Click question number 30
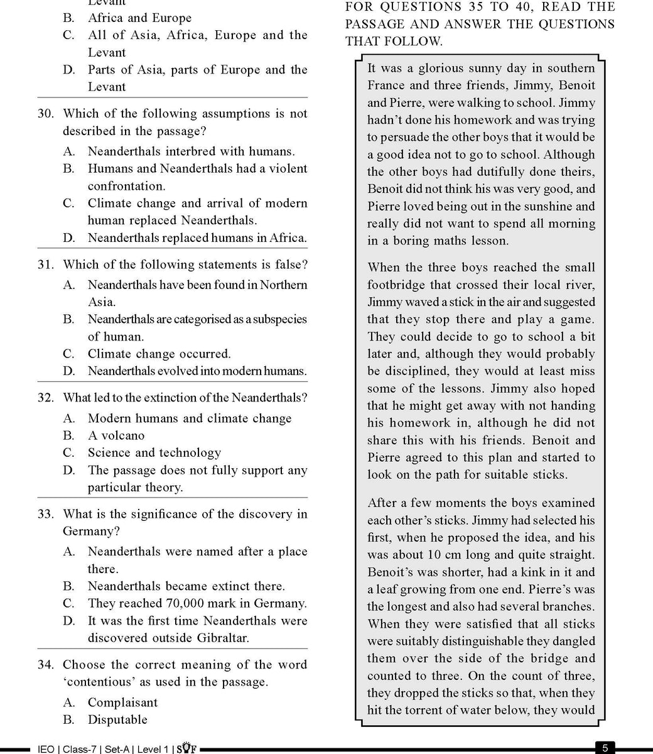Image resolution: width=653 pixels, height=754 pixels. [x=45, y=114]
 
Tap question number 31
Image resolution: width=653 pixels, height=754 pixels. [x=45, y=265]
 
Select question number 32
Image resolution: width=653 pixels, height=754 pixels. [x=45, y=398]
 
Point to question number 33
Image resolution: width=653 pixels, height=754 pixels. [x=45, y=514]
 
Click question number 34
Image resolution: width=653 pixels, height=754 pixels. [x=45, y=665]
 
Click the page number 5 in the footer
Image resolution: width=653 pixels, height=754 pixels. [x=605, y=748]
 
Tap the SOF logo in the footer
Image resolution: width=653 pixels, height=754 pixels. [x=186, y=748]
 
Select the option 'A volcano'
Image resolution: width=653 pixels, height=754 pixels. [x=116, y=435]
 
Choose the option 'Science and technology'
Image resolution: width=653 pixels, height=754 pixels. [x=154, y=452]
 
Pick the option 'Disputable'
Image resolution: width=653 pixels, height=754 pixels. [x=117, y=719]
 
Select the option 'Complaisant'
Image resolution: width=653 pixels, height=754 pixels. [x=122, y=702]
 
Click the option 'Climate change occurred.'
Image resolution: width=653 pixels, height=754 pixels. [x=159, y=354]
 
